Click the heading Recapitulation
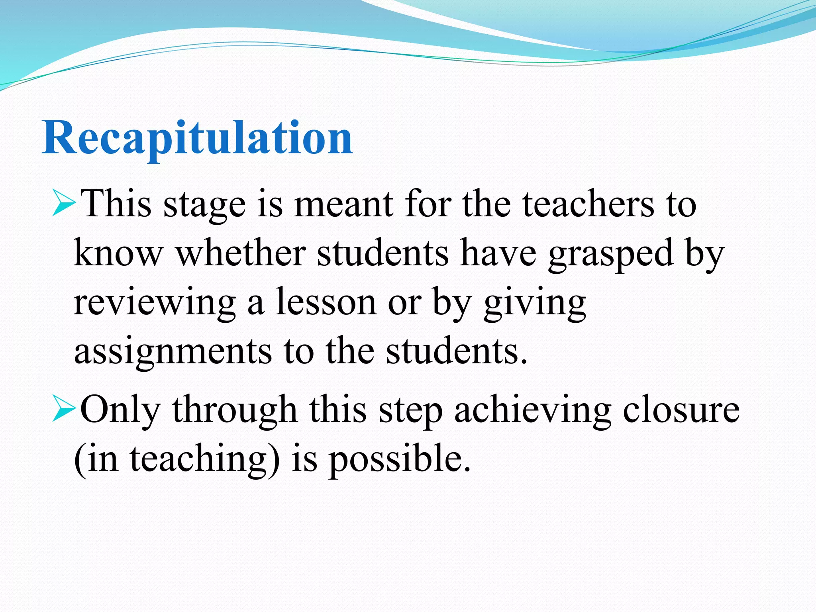pyautogui.click(x=197, y=137)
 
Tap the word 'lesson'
pyautogui.click(x=326, y=303)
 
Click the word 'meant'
pyautogui.click(x=343, y=205)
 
